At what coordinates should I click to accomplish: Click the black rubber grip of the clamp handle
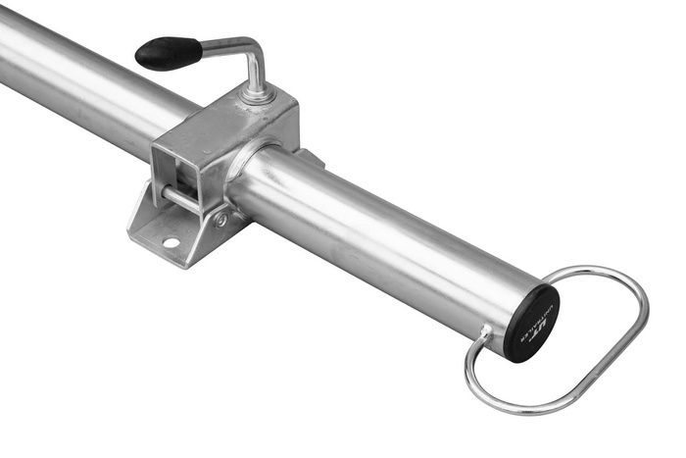click(167, 53)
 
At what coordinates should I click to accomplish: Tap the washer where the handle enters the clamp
click(258, 96)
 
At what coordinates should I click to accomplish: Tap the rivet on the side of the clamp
click(221, 220)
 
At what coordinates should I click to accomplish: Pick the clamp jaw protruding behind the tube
click(308, 156)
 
